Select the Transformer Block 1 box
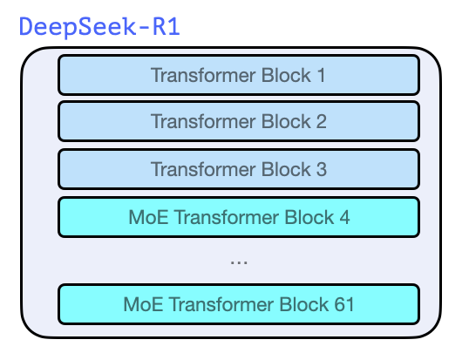pyautogui.click(x=238, y=75)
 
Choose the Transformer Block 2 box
pyautogui.click(x=238, y=122)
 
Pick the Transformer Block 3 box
pyautogui.click(x=238, y=169)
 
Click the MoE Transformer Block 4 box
pyautogui.click(x=238, y=217)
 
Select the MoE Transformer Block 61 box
pyautogui.click(x=238, y=304)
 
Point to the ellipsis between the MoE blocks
pyautogui.click(x=238, y=260)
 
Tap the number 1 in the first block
pyautogui.click(x=321, y=76)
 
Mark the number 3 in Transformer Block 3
pyautogui.click(x=321, y=170)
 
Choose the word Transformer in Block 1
pyautogui.click(x=204, y=76)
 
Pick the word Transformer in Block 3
pyautogui.click(x=204, y=170)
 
